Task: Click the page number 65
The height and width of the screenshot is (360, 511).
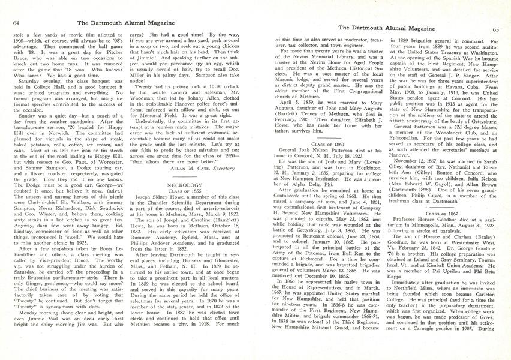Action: click(x=495, y=28)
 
